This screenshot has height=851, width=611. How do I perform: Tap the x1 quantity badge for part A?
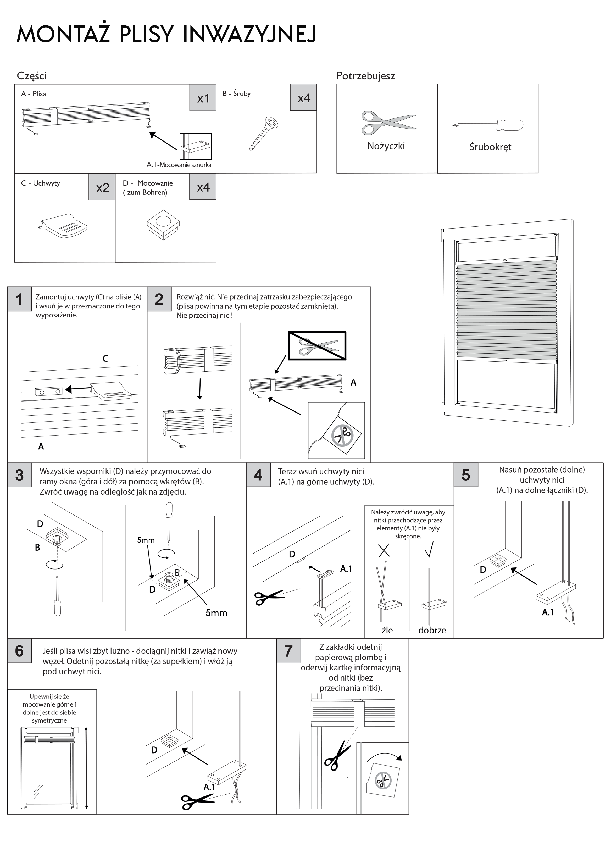tap(203, 97)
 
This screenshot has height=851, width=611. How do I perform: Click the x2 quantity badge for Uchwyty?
tap(102, 187)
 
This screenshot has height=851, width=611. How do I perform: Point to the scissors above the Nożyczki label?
tap(388, 122)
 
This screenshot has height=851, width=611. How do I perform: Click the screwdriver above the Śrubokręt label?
tap(488, 125)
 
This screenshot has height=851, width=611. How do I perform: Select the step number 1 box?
tap(19, 299)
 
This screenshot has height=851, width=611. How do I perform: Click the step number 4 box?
tap(258, 475)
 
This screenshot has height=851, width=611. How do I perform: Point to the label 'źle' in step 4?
tap(387, 630)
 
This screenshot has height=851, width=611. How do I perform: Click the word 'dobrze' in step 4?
tap(432, 630)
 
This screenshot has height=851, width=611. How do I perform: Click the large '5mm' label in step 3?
tap(216, 613)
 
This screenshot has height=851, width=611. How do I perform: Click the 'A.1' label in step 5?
tap(548, 612)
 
